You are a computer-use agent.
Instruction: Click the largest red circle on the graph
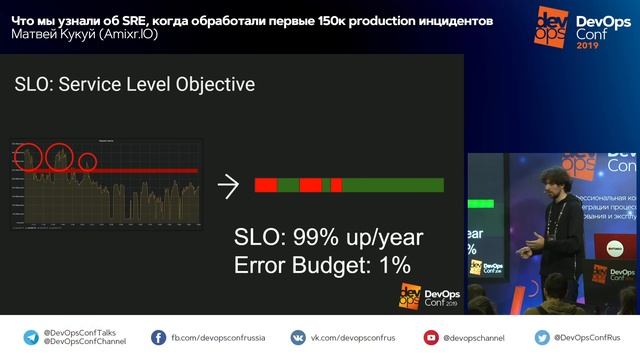tap(62, 159)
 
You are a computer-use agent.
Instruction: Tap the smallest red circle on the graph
tap(88, 161)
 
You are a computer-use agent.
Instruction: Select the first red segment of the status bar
tap(266, 185)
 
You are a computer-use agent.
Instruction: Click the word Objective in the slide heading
tap(212, 85)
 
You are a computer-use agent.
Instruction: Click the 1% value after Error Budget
tap(393, 265)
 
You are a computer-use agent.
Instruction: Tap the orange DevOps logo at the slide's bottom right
tap(408, 295)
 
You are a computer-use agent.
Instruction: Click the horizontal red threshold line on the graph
tap(100, 170)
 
